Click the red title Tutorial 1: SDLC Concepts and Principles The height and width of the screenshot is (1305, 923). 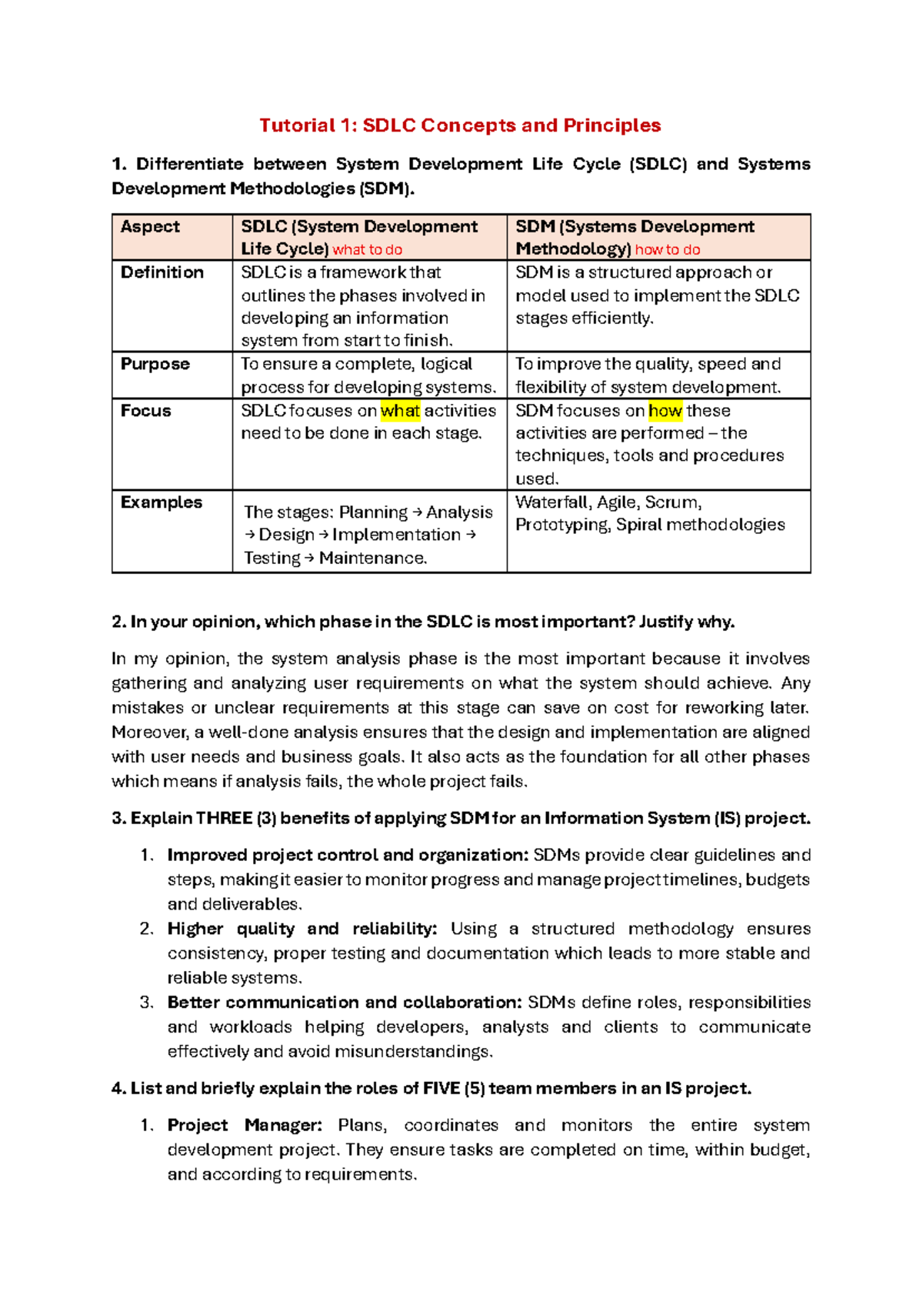(x=460, y=125)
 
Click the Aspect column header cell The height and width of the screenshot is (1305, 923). (x=150, y=227)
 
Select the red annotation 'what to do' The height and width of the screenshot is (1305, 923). (x=367, y=249)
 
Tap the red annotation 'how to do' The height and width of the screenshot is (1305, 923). (x=668, y=249)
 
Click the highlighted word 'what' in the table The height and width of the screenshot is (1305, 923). (x=400, y=411)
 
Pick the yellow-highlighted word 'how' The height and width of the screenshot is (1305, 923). (x=665, y=411)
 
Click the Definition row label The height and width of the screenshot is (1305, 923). (x=162, y=272)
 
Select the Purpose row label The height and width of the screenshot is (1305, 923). (x=155, y=364)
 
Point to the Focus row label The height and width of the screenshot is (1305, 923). (x=146, y=411)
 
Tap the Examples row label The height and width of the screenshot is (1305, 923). (x=162, y=502)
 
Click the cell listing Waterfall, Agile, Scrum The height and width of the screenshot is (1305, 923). (x=650, y=514)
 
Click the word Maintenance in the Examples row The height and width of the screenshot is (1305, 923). (x=372, y=558)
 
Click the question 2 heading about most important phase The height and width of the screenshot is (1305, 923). (x=423, y=622)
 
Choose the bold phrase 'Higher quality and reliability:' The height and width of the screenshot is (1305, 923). (x=302, y=929)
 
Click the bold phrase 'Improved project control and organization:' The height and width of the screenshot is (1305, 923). (x=348, y=855)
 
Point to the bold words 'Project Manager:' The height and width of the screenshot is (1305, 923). (x=245, y=1125)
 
